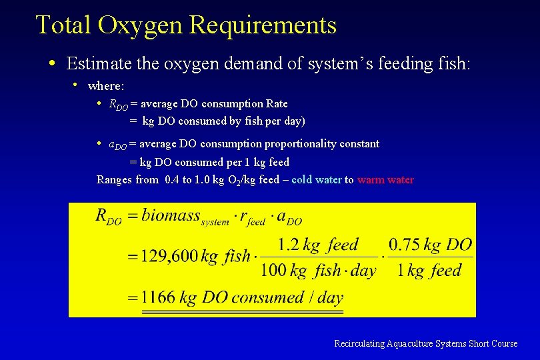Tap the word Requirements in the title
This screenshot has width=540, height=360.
(x=263, y=26)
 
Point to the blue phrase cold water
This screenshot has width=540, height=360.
(x=317, y=179)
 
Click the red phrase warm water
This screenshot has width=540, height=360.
(x=385, y=179)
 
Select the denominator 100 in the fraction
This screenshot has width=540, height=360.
(x=274, y=271)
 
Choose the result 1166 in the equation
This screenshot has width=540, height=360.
(x=158, y=297)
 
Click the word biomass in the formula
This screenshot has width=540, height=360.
(x=171, y=215)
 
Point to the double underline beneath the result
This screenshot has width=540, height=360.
(x=242, y=311)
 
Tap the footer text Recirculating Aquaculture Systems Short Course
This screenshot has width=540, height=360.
(x=425, y=343)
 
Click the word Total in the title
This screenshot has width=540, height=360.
(x=63, y=26)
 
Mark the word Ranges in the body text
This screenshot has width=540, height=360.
(x=114, y=179)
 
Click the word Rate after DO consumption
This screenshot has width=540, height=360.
(x=277, y=103)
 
